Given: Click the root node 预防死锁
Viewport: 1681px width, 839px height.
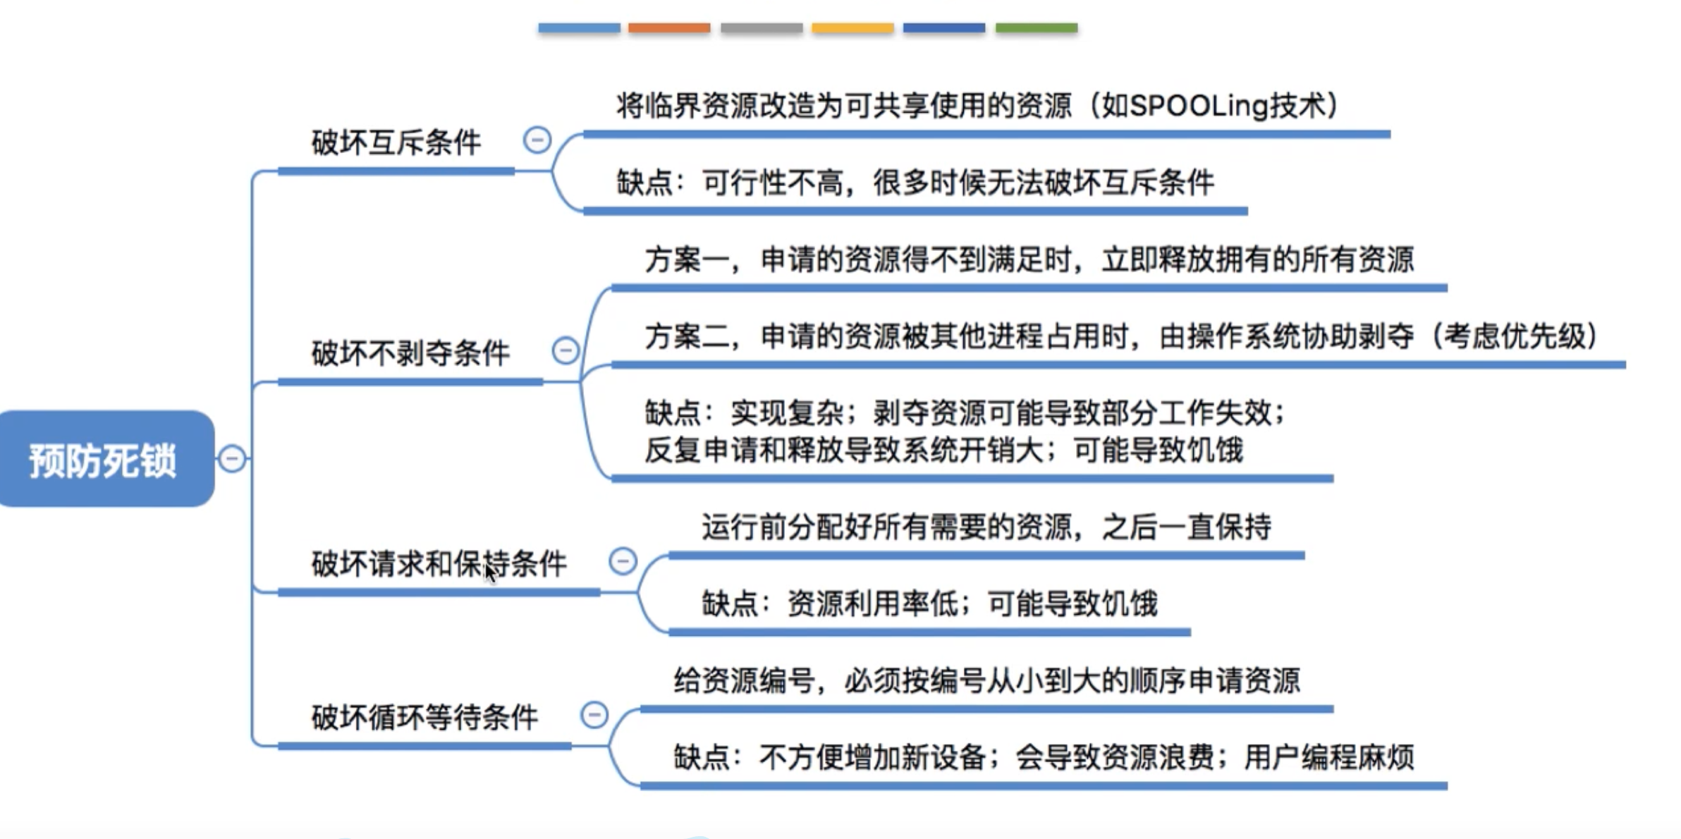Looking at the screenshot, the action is click(104, 460).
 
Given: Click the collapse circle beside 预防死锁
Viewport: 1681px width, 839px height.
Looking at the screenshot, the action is click(232, 459).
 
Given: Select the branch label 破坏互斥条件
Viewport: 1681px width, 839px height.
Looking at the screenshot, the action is click(396, 142).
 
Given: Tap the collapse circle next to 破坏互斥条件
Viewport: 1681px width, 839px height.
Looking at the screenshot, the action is click(537, 140).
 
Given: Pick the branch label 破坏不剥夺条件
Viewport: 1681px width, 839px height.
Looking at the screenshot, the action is click(410, 353).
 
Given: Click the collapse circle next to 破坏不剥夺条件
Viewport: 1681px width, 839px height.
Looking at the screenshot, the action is click(566, 350).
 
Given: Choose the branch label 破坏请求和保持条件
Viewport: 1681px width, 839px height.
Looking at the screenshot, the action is click(439, 564).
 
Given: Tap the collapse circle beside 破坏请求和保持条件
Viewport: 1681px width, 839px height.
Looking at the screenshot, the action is click(623, 561).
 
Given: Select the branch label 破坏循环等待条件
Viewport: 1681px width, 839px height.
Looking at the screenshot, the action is click(424, 718).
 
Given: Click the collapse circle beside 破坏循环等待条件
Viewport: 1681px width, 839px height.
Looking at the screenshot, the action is click(594, 715).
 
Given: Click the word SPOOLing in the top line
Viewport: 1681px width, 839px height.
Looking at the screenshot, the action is click(1199, 106).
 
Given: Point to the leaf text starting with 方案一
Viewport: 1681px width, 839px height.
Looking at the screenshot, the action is click(1029, 260).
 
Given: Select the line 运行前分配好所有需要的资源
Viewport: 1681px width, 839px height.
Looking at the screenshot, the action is click(986, 527).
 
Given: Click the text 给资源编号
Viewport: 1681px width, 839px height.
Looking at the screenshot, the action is click(744, 681).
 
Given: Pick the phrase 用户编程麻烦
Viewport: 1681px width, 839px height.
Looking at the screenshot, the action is click(1329, 757).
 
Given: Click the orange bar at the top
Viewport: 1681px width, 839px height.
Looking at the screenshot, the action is click(669, 28).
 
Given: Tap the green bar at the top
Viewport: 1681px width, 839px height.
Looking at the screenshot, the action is click(1037, 28).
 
